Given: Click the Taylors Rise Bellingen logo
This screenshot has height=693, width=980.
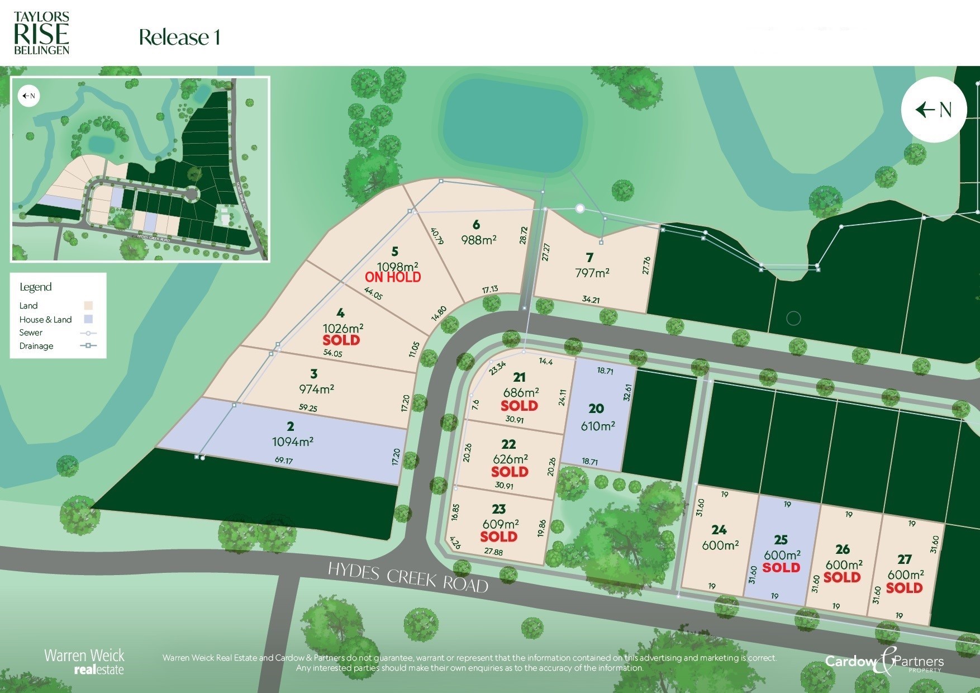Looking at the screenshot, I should click(x=41, y=34).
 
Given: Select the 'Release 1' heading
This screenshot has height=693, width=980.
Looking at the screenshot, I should click(x=179, y=37).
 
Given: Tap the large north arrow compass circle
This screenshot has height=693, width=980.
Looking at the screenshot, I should click(x=934, y=110).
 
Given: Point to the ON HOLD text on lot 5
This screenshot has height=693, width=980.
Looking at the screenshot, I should click(x=393, y=277).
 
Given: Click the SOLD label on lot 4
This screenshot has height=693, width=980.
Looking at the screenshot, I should click(x=341, y=340).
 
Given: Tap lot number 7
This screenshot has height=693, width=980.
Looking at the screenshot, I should click(x=589, y=258).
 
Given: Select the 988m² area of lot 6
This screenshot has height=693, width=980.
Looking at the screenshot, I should click(x=479, y=240).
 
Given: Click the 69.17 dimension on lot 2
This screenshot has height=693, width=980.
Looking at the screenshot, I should click(x=284, y=461).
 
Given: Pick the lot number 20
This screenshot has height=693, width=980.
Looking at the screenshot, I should click(x=596, y=409).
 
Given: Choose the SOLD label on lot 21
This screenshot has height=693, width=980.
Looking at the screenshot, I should click(x=519, y=406).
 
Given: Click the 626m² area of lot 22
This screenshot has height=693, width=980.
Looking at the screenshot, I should click(x=510, y=459).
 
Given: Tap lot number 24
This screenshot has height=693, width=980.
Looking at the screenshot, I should click(x=719, y=529).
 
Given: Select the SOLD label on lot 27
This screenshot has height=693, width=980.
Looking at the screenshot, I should click(x=904, y=588).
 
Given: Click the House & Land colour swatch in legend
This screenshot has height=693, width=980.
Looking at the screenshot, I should click(x=88, y=319).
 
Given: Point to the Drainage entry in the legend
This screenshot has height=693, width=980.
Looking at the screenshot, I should click(x=36, y=346).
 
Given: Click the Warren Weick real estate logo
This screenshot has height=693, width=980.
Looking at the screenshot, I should click(x=84, y=661).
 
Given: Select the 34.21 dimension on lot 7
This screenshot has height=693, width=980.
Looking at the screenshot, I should click(x=591, y=300).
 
